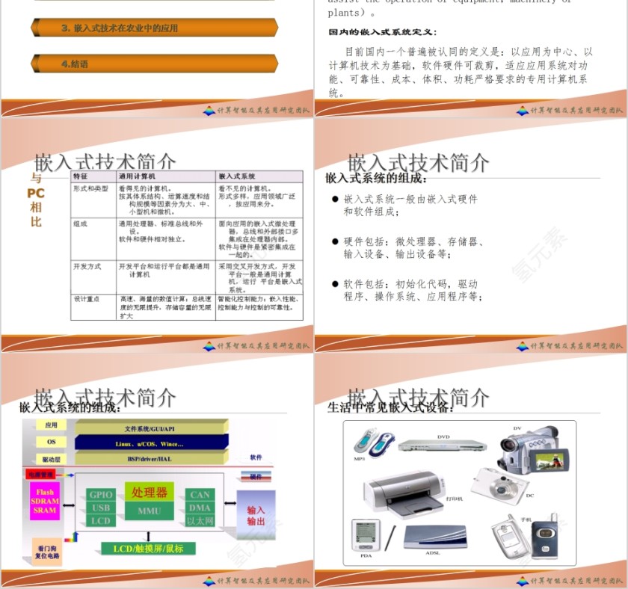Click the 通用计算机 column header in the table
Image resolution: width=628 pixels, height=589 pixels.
click(138, 176)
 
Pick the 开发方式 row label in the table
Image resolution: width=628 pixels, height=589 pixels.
click(87, 267)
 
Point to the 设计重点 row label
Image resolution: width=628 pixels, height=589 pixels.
click(87, 299)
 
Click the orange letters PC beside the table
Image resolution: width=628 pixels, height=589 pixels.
click(36, 194)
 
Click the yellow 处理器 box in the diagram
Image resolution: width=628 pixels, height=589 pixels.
click(150, 492)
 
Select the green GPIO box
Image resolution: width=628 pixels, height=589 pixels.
click(101, 495)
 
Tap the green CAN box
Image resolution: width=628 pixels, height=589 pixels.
click(200, 495)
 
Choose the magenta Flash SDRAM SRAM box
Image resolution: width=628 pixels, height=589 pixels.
click(45, 502)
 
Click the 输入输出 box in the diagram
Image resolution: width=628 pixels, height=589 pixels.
click(256, 515)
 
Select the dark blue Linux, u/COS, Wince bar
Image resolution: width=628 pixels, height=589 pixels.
click(150, 443)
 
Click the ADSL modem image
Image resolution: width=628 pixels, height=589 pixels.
click(434, 537)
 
